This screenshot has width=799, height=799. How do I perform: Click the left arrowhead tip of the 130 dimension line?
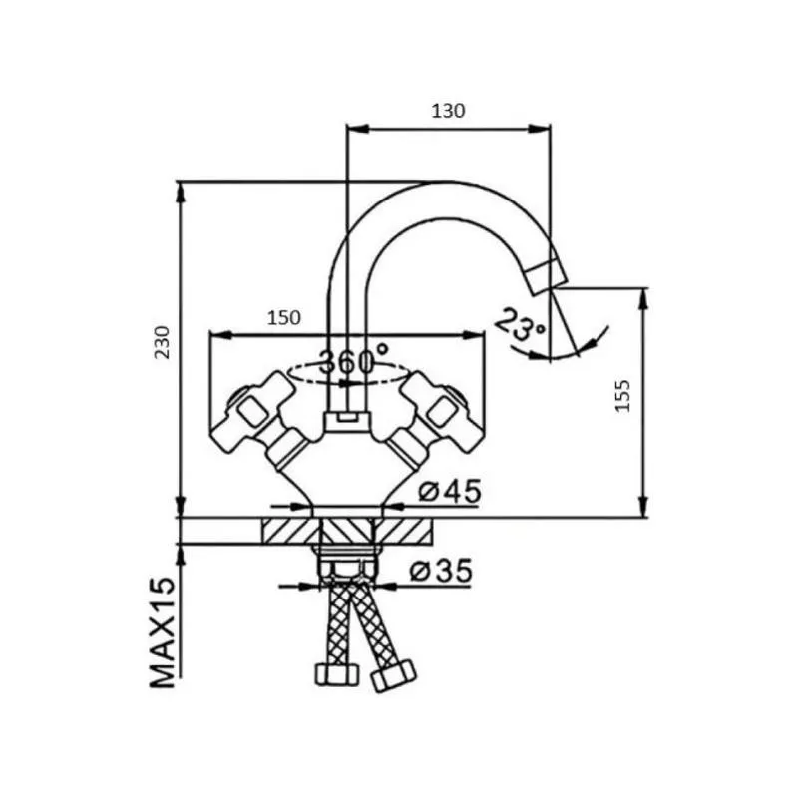[346, 128]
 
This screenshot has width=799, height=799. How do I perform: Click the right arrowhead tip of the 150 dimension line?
[483, 335]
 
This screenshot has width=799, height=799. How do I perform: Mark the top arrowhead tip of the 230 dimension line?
[180, 182]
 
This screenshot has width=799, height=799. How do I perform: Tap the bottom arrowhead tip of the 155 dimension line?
[643, 518]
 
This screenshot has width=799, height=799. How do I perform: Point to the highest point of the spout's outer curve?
[444, 181]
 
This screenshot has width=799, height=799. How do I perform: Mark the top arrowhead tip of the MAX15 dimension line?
[180, 545]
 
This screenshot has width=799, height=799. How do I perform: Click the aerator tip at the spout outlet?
[547, 276]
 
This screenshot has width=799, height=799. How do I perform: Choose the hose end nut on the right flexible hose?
[392, 675]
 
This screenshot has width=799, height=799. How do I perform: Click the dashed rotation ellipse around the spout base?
[348, 373]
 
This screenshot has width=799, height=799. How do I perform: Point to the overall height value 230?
[163, 342]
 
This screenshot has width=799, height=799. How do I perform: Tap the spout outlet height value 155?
[622, 395]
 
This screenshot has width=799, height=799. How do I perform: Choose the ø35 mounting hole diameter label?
[441, 571]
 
